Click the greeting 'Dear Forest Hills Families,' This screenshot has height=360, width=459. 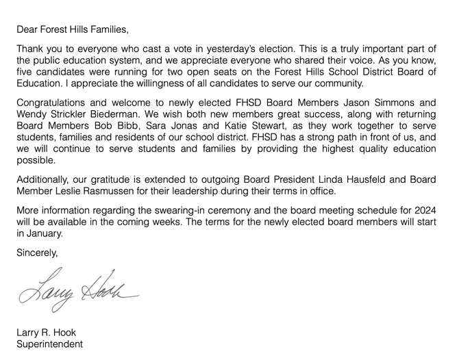[x=72, y=30]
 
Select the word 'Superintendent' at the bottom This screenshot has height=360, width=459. [x=49, y=344]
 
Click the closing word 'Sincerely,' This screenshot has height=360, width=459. [x=37, y=253]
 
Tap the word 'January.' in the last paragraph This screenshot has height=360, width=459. [x=40, y=233]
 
